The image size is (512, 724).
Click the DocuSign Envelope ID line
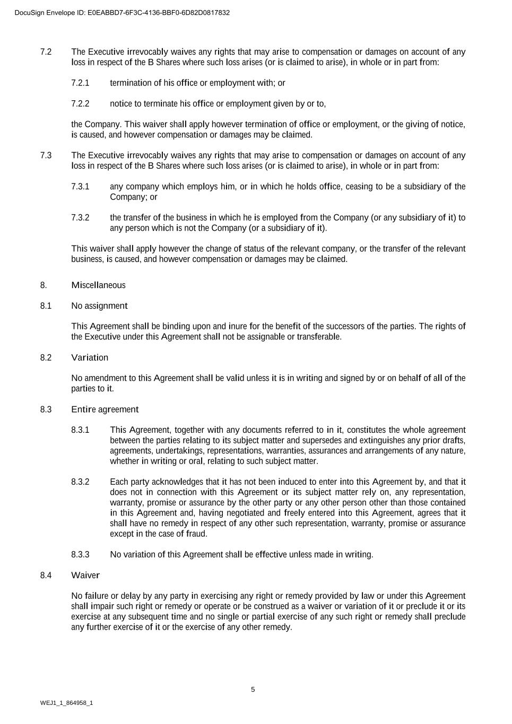(122, 13)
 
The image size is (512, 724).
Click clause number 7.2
(46, 52)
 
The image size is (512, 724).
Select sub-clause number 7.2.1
(80, 83)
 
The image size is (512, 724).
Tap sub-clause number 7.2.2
(80, 103)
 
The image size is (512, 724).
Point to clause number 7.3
(46, 155)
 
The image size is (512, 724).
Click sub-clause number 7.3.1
(80, 187)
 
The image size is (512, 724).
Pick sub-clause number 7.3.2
(80, 217)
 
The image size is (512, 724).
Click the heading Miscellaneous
(98, 285)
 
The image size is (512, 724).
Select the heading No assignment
(99, 306)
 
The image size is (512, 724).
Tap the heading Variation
(90, 357)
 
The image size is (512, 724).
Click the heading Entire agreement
(105, 409)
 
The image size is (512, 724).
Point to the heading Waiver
(85, 575)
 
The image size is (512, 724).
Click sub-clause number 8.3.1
(80, 430)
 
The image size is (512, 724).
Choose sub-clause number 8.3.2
(80, 482)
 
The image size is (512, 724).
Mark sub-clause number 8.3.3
(80, 555)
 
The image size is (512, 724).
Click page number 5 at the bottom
(253, 690)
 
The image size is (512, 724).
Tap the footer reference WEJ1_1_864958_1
(66, 703)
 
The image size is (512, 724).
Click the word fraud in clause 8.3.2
(196, 534)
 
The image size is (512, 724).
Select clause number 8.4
(46, 575)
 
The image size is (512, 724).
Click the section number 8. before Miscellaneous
(44, 285)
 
